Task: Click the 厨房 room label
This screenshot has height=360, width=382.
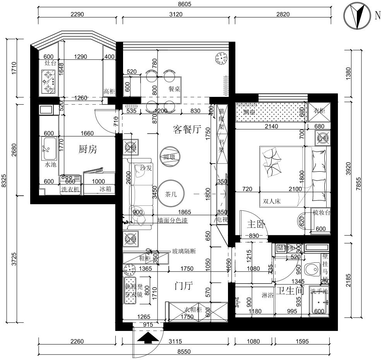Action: coord(87,149)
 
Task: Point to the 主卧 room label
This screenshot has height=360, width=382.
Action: coord(256,224)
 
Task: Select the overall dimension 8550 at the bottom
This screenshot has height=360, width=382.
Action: coord(183,352)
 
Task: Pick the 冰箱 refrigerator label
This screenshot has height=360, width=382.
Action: coord(106,189)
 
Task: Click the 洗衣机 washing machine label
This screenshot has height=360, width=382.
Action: coord(70,189)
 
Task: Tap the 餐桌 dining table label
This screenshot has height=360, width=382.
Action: coord(175,89)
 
